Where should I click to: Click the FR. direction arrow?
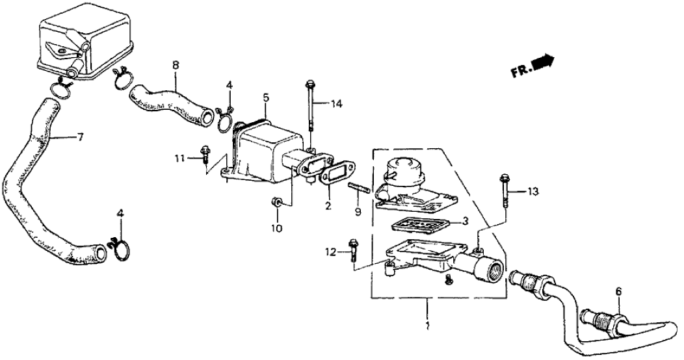pos(542,63)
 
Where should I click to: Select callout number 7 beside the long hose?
pos(81,138)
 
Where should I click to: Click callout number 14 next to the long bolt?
pos(335,104)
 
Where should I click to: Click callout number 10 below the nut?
pos(276,227)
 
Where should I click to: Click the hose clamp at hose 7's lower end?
pos(121,247)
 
